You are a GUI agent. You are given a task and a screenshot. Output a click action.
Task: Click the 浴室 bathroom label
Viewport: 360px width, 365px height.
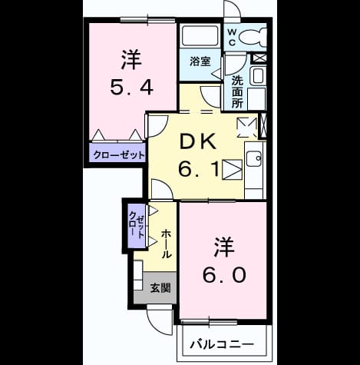pyautogui.click(x=200, y=61)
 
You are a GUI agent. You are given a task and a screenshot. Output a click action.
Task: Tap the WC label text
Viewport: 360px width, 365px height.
pyautogui.click(x=232, y=38)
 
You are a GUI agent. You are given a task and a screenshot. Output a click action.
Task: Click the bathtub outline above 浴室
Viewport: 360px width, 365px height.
pyautogui.click(x=200, y=35)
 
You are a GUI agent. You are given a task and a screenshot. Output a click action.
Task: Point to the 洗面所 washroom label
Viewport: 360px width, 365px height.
pyautogui.click(x=237, y=92)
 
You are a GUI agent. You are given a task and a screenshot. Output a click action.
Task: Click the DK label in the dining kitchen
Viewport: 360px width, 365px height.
pyautogui.click(x=198, y=141)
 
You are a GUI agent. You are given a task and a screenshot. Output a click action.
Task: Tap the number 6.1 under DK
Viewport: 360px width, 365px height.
pyautogui.click(x=199, y=169)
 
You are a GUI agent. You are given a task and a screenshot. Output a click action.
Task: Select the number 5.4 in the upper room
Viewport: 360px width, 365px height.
pyautogui.click(x=132, y=87)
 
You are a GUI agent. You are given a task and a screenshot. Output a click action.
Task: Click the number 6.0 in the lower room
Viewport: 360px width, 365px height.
pyautogui.click(x=224, y=275)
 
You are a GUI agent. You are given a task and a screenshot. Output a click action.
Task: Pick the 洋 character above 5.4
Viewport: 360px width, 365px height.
pyautogui.click(x=131, y=60)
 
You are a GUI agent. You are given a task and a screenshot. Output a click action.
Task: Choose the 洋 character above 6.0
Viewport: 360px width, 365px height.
pyautogui.click(x=224, y=247)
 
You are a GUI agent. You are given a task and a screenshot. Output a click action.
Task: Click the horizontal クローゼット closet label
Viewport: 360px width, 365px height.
pyautogui.click(x=119, y=155)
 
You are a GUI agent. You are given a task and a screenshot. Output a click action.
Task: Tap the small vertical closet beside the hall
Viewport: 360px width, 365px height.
pyautogui.click(x=137, y=226)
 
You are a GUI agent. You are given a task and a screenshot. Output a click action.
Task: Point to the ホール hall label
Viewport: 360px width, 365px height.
pyautogui.click(x=166, y=244)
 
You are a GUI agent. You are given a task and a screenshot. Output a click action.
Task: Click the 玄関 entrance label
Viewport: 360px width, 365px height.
pyautogui.click(x=160, y=288)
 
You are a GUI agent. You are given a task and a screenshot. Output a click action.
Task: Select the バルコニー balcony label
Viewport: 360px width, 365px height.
pyautogui.click(x=222, y=344)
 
